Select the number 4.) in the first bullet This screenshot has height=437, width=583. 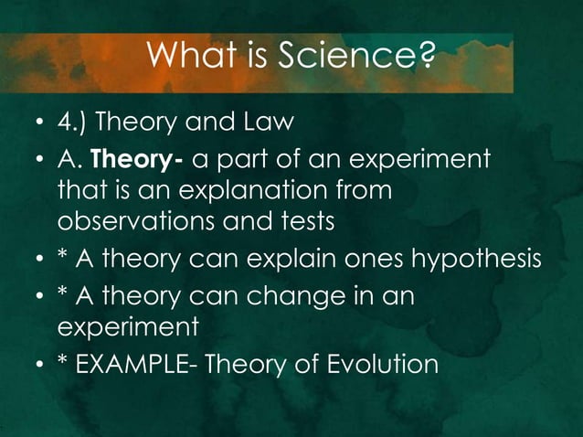[74, 122]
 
